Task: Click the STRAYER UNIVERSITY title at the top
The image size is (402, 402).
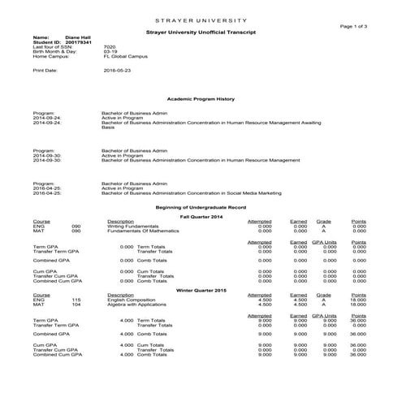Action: (201, 19)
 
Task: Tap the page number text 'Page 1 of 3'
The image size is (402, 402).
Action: (353, 26)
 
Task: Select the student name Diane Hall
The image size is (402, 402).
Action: (78, 37)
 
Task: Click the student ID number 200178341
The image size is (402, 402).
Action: (78, 42)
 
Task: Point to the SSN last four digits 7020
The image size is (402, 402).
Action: (110, 47)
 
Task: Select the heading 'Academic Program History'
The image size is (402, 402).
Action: (200, 99)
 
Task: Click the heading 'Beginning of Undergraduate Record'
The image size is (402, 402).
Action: (200, 208)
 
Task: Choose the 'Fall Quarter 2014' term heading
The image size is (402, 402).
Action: (200, 215)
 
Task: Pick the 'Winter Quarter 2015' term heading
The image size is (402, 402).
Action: (200, 289)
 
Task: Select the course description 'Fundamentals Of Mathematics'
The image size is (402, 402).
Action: (138, 231)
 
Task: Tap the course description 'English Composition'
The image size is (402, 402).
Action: (130, 300)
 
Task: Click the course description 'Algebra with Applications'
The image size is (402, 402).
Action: (135, 305)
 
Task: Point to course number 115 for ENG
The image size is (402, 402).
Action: (76, 300)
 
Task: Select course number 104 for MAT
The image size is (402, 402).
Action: (76, 305)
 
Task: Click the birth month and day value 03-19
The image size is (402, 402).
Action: (110, 53)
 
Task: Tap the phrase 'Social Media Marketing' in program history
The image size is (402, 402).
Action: (253, 194)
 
